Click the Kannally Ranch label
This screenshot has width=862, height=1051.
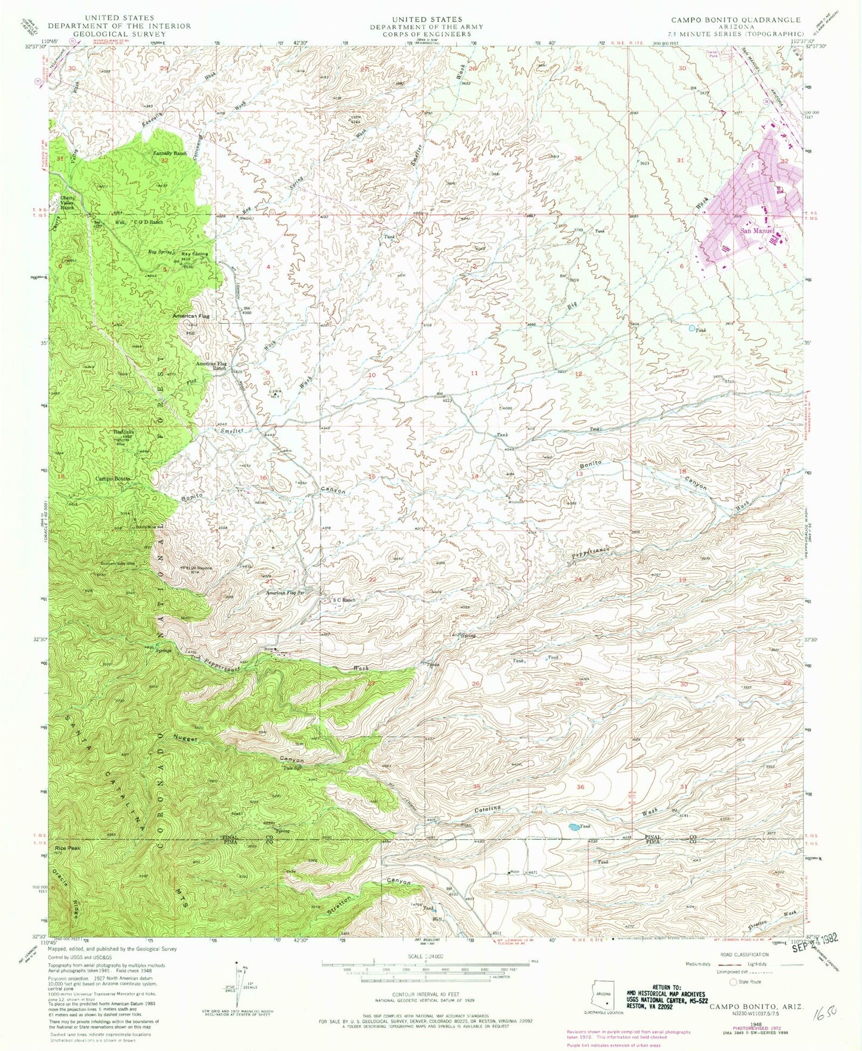pos(171,153)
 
